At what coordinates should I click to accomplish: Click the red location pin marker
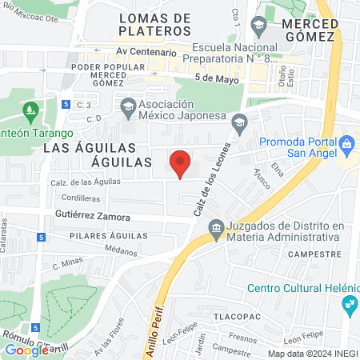pyautogui.click(x=181, y=162)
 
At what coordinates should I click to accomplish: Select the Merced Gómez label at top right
pyautogui.click(x=301, y=24)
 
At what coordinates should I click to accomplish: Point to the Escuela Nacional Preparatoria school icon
pyautogui.click(x=259, y=26)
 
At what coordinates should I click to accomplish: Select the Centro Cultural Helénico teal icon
pyautogui.click(x=348, y=304)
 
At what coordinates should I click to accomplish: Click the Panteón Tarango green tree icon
pyautogui.click(x=32, y=109)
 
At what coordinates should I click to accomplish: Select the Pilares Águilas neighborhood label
pyautogui.click(x=108, y=236)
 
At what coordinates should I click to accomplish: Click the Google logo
pyautogui.click(x=26, y=350)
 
